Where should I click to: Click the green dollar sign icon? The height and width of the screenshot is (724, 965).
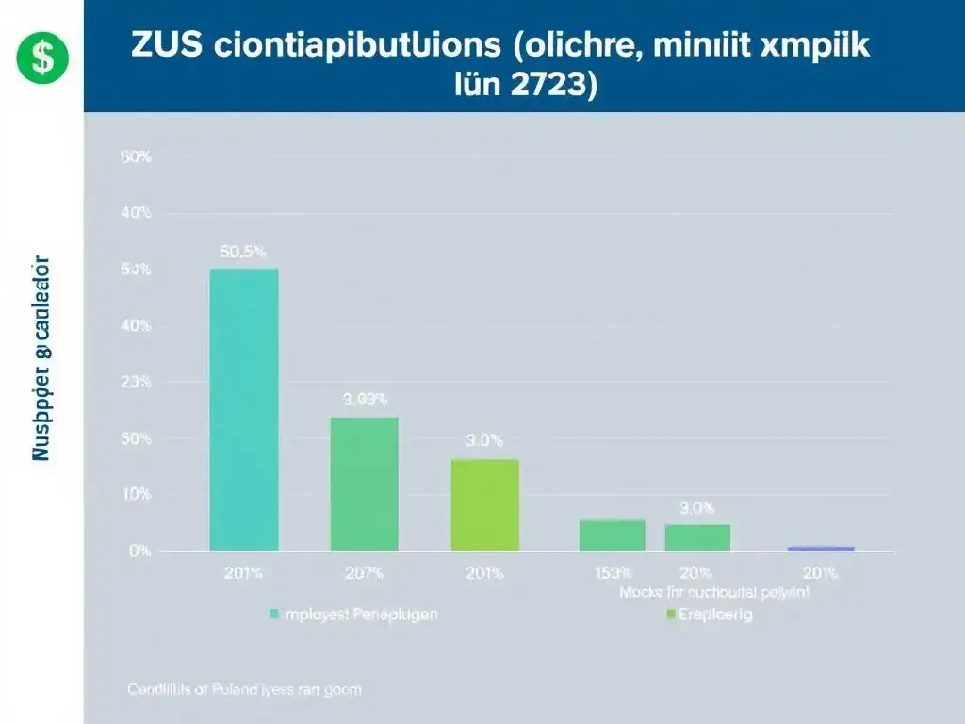[x=42, y=56]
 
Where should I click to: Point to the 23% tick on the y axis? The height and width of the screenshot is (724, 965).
[x=136, y=382]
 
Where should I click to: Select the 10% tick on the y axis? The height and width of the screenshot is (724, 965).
[x=136, y=494]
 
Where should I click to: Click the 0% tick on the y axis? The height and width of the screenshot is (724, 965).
[x=139, y=551]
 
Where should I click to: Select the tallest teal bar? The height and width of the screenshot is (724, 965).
[x=243, y=409]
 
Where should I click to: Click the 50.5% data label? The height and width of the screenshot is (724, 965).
[x=243, y=252]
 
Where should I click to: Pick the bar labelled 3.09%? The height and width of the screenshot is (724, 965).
[x=364, y=483]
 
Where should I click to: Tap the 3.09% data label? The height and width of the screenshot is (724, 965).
[x=364, y=400]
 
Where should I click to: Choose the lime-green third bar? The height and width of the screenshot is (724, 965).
[x=484, y=504]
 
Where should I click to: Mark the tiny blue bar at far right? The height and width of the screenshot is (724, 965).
[x=820, y=548]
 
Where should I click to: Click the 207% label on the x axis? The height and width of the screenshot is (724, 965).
[x=364, y=573]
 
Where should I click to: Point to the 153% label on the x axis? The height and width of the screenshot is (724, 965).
[x=612, y=573]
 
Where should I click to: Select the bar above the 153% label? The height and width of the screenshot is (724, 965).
[x=612, y=535]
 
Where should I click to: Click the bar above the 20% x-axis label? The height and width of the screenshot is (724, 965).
[x=697, y=537]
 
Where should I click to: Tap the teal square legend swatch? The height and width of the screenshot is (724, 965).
[x=274, y=614]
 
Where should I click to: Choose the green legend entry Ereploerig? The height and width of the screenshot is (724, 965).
[x=709, y=615]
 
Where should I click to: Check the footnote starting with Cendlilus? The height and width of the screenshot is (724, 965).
[x=244, y=689]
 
